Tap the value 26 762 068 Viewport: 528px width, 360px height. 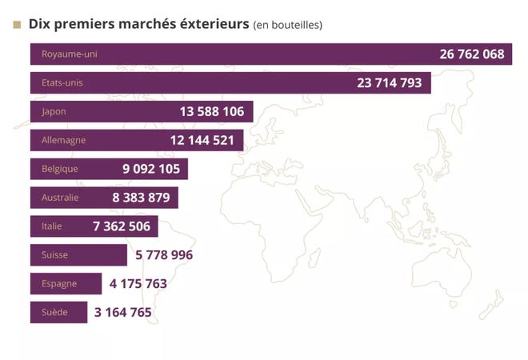click(x=472, y=54)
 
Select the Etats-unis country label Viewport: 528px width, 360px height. click(x=62, y=82)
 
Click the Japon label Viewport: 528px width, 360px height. click(x=54, y=111)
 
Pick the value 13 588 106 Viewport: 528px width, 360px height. click(x=211, y=111)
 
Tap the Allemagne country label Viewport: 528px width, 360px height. click(x=63, y=140)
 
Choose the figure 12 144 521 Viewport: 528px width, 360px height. click(x=202, y=140)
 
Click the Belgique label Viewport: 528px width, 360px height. click(x=59, y=169)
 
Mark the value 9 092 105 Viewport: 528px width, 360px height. click(x=151, y=169)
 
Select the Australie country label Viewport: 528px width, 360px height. click(x=60, y=198)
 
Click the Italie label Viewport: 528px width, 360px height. click(x=52, y=226)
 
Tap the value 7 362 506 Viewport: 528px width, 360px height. click(x=122, y=226)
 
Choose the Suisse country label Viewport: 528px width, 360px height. click(x=54, y=255)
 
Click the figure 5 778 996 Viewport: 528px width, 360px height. click(x=164, y=255)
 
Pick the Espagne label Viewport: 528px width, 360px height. click(x=58, y=284)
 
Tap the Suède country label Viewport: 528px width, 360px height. click(x=54, y=313)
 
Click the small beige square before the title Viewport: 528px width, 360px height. click(x=17, y=24)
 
